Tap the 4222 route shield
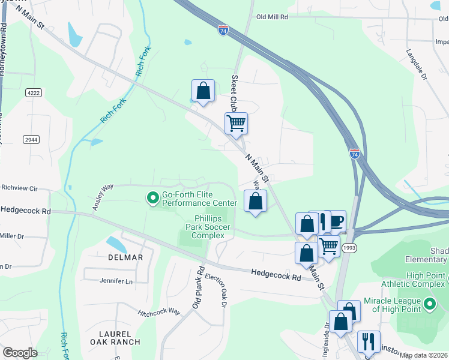pos(34,93)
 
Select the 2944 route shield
pos(31,139)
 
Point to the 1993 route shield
pos(349,247)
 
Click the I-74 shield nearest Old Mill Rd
pos(223,31)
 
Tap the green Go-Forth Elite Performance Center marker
pos(152,196)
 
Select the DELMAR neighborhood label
pos(126,257)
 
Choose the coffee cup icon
pos(336,221)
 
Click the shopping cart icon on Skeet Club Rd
pos(237,123)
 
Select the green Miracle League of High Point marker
pos(430,304)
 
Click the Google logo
pos(20,353)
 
